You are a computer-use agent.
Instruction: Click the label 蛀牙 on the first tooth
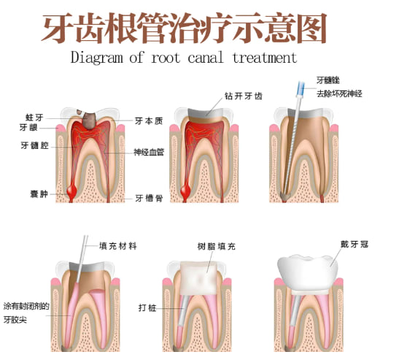[34, 118]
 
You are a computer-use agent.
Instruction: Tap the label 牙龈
[28, 127]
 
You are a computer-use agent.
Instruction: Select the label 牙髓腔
[34, 146]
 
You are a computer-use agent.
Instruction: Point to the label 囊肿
[39, 194]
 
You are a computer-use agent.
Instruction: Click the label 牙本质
[149, 121]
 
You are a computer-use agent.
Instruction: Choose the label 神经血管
[149, 153]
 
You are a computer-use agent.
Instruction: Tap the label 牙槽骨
[149, 198]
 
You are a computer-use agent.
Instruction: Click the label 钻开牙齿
[244, 96]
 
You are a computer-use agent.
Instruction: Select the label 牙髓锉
[328, 80]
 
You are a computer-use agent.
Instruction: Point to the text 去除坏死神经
[339, 93]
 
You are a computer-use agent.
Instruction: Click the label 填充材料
[118, 246]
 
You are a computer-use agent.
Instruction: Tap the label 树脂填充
[217, 246]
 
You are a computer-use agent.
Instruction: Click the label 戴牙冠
[355, 245]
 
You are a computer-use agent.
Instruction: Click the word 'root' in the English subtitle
[166, 58]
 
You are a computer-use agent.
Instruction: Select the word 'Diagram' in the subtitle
[97, 58]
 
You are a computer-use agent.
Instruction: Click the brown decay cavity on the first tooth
[88, 120]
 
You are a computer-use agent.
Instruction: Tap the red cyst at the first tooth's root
[71, 191]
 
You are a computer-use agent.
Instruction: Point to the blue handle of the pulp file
[301, 88]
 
